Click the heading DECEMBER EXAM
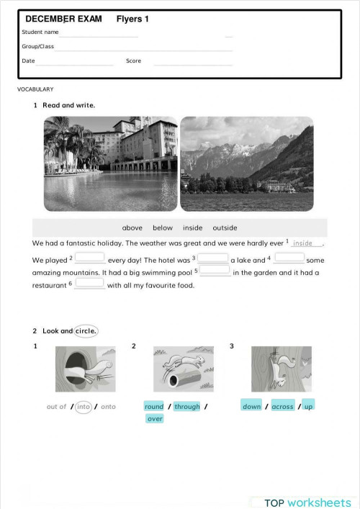coord(63,19)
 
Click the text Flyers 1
coord(132,19)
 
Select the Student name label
coord(40,32)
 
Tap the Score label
coord(133,61)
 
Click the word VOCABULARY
coord(35,89)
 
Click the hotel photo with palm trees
coord(110,163)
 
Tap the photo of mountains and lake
coord(246,163)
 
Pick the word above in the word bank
coord(132,228)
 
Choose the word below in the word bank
coord(163,228)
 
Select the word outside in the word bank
coord(225,228)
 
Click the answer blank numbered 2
coord(89,258)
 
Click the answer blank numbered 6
coord(89,284)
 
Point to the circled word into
coord(84,407)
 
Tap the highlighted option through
coord(187,407)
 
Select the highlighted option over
coord(155,419)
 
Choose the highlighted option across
coord(282,407)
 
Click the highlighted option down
coord(252,407)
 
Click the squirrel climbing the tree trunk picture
coord(282,369)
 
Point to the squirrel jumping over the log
coord(183,369)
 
